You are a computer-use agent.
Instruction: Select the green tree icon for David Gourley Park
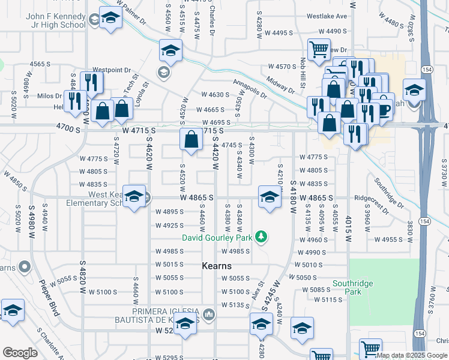click(x=261, y=236)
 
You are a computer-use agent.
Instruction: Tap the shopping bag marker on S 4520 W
click(x=191, y=140)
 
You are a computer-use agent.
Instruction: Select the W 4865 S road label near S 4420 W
click(x=196, y=197)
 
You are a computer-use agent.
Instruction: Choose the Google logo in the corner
click(x=20, y=353)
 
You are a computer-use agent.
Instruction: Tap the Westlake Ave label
click(x=327, y=16)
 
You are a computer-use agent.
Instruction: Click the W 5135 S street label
click(x=235, y=305)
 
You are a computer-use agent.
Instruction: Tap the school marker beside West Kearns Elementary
click(x=135, y=196)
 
